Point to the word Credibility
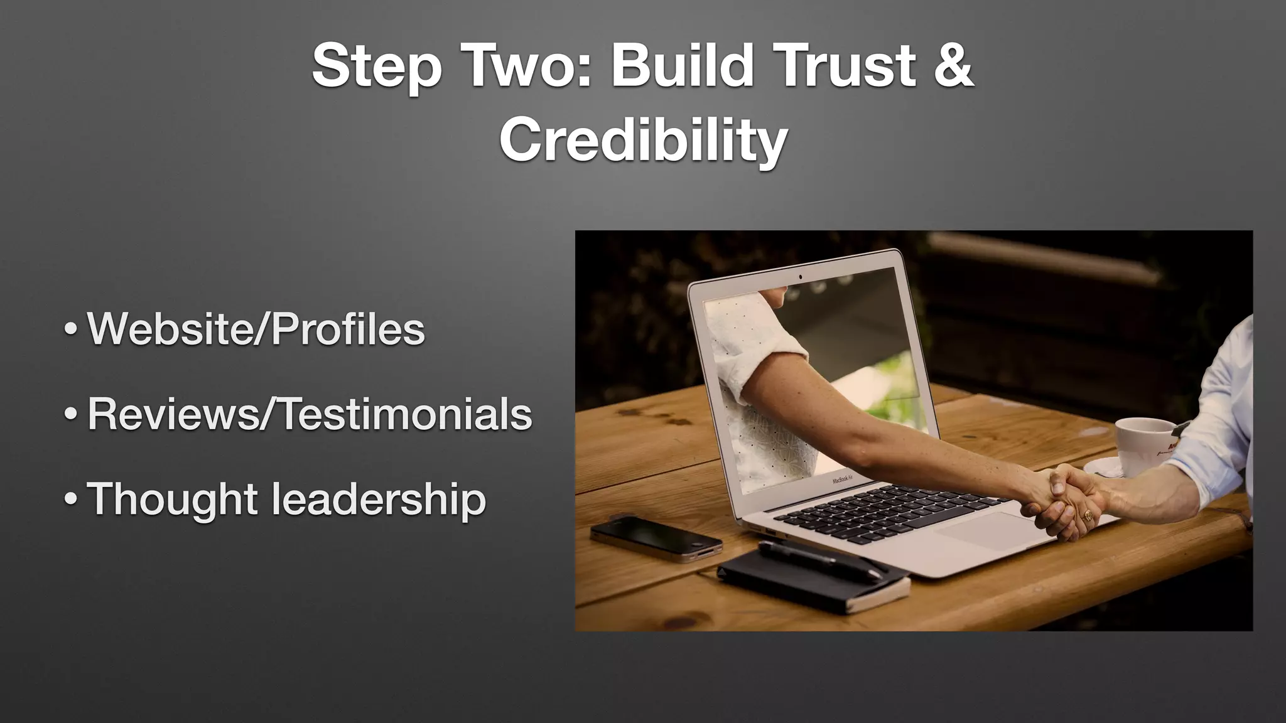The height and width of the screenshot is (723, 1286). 643,140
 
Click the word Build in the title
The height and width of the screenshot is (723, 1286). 683,65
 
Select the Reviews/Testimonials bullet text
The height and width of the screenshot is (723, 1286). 310,414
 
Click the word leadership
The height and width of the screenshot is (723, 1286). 379,500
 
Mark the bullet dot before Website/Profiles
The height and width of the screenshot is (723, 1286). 72,329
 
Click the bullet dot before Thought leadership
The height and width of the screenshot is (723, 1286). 72,500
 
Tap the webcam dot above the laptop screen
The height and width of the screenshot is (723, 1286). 800,276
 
